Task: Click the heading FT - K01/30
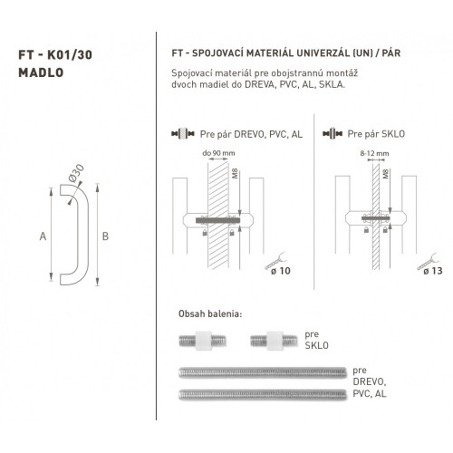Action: tap(55, 55)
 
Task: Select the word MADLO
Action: tap(41, 72)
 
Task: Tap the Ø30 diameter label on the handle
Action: tap(76, 173)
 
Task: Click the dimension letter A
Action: tap(43, 236)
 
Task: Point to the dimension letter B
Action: tap(105, 236)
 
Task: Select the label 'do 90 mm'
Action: tap(218, 153)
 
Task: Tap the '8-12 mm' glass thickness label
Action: tap(374, 153)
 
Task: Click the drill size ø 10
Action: tap(281, 271)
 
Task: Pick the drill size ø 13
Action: tap(433, 271)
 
